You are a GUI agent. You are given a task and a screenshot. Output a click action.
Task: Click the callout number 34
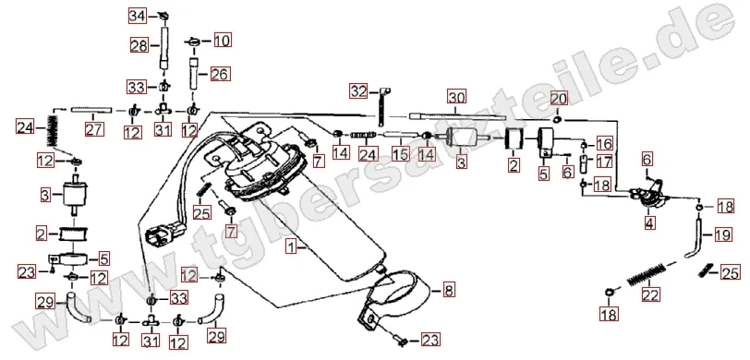[137, 17]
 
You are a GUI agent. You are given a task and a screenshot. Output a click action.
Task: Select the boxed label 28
[139, 45]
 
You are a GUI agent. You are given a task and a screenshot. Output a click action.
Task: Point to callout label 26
[220, 74]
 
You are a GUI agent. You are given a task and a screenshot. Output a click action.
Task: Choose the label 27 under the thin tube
[94, 129]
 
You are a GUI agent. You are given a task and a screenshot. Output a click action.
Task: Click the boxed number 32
[358, 90]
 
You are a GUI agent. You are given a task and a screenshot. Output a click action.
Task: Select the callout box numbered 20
[559, 99]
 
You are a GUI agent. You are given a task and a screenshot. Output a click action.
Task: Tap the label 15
[400, 153]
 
